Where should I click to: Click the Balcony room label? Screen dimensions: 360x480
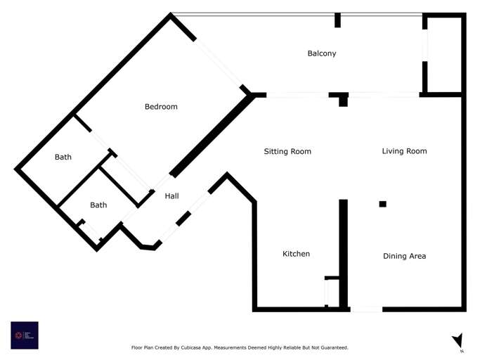(322, 53)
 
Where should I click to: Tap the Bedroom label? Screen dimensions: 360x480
(161, 107)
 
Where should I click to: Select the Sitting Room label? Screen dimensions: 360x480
(287, 151)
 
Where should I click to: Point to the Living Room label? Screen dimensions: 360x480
(404, 151)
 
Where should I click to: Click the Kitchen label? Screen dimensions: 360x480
(296, 254)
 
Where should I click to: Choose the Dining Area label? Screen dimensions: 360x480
(404, 256)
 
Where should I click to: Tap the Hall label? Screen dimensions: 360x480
(171, 197)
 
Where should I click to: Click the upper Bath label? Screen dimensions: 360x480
(63, 157)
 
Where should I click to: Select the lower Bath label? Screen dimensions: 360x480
(98, 205)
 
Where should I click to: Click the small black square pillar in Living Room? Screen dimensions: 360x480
(383, 204)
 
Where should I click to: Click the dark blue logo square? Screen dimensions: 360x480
(25, 335)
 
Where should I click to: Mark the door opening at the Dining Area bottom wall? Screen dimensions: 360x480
(365, 309)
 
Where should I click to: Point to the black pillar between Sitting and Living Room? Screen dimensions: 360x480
(343, 100)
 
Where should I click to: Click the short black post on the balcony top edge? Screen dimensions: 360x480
(338, 20)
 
